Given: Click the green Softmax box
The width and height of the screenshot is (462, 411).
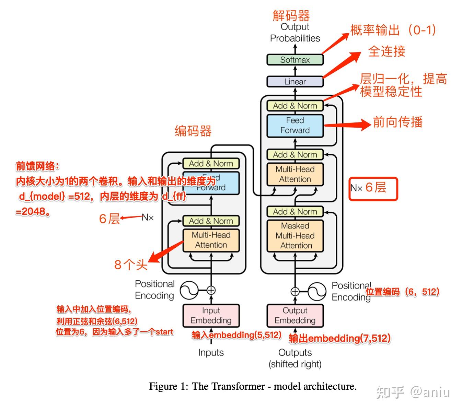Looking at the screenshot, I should (x=295, y=60).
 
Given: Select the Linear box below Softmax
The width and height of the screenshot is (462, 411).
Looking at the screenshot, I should (x=295, y=82).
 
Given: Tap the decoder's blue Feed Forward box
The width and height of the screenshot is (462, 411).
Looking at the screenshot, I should (x=295, y=126).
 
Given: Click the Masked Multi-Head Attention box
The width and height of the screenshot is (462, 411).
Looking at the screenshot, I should (x=295, y=236).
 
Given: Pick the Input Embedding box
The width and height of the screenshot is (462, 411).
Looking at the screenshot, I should (x=211, y=316).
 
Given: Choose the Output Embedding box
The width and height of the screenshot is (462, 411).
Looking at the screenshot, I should (x=295, y=316).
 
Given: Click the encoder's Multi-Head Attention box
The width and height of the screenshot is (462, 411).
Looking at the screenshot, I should (x=211, y=240).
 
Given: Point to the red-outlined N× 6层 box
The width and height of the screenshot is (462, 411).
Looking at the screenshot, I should (x=373, y=188).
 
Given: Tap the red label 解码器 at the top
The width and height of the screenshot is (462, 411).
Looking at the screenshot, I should (x=291, y=16).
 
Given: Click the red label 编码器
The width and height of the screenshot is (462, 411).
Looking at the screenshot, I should (x=193, y=131).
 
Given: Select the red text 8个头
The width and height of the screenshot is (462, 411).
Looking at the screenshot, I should (x=131, y=265).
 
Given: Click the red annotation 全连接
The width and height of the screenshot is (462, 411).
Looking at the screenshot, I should (x=386, y=51).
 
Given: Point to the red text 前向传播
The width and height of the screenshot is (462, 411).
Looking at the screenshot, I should (x=397, y=122).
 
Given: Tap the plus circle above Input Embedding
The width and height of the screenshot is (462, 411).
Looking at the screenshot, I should (x=211, y=290).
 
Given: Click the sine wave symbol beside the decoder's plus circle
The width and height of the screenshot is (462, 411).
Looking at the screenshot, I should (x=317, y=292).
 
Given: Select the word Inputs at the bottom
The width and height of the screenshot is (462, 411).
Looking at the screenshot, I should (x=211, y=353).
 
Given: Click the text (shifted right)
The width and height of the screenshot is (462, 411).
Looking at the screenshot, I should (x=295, y=364).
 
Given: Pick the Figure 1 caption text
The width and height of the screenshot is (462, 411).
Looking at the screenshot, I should (x=253, y=386).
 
